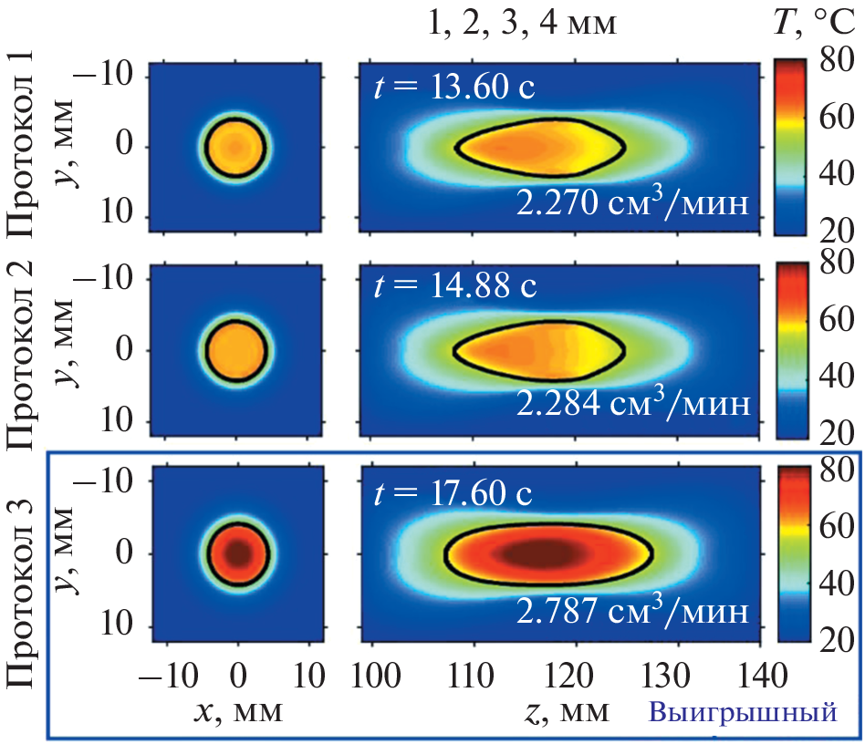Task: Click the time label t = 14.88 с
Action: click(x=453, y=285)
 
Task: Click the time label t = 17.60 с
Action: click(x=453, y=493)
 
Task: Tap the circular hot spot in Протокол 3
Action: click(x=237, y=553)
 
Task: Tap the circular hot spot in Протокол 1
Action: click(x=236, y=146)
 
